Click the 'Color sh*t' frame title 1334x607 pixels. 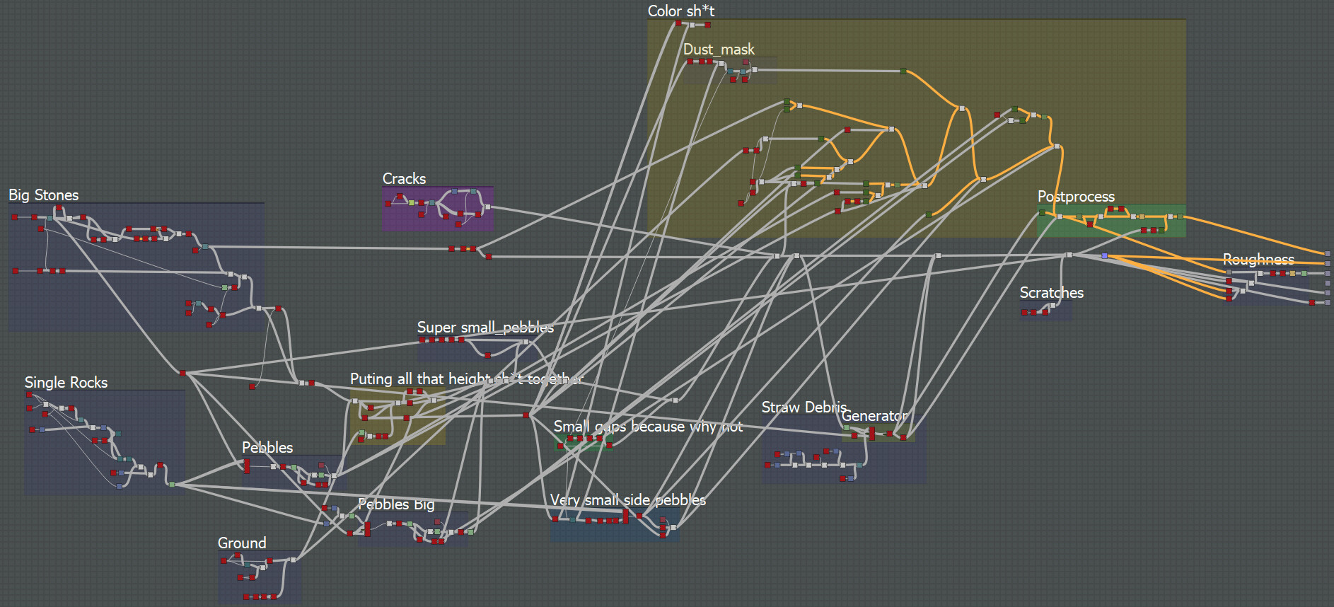[680, 11]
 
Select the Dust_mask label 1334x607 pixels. [719, 50]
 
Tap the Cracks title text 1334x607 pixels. [404, 179]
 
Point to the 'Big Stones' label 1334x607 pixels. [44, 195]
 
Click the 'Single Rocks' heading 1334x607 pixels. [66, 383]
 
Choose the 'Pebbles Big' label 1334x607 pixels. [396, 504]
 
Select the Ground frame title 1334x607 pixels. [242, 543]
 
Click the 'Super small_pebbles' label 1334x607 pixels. [485, 328]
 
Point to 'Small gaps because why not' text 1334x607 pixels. [648, 427]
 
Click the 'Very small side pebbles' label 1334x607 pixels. [627, 500]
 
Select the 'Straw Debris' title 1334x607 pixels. [804, 407]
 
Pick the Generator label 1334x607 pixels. [874, 416]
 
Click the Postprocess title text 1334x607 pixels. [1076, 197]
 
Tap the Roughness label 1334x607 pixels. [1258, 260]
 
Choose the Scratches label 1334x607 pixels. [1051, 293]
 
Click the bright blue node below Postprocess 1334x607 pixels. [1104, 256]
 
